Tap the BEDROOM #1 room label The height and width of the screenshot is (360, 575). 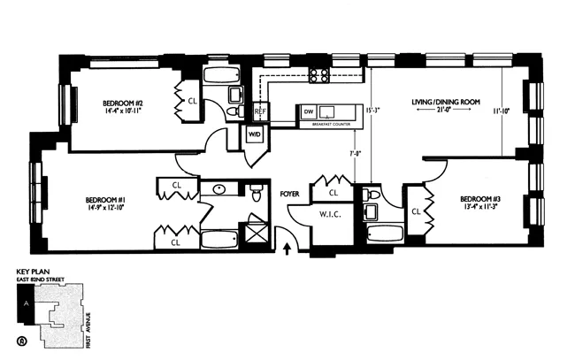104,199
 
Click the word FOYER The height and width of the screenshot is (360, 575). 290,192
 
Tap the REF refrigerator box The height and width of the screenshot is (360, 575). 260,112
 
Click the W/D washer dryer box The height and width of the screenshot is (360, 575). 255,134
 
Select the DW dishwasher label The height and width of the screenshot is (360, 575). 308,112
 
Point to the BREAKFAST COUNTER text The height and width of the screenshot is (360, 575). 328,125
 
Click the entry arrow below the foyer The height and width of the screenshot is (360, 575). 286,248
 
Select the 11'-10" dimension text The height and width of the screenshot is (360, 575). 501,111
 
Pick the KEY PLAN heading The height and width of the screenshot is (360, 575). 35,272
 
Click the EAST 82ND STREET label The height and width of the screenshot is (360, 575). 41,280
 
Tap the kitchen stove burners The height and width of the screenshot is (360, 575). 318,76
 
